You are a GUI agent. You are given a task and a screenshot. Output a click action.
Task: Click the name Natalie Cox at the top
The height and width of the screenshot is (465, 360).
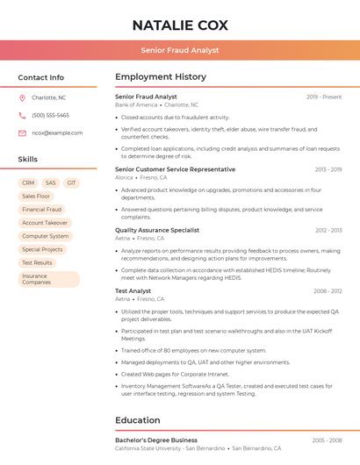(180, 25)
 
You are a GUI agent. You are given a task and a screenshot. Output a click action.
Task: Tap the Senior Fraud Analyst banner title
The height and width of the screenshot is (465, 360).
(180, 51)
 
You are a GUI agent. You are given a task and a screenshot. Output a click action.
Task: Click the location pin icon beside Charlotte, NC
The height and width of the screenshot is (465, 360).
(22, 98)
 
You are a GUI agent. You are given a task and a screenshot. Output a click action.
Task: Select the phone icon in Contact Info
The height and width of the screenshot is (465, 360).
(22, 115)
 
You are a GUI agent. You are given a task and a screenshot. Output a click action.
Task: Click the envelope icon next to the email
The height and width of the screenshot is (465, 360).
(22, 133)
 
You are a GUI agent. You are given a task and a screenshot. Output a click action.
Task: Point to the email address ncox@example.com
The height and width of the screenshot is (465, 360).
(57, 133)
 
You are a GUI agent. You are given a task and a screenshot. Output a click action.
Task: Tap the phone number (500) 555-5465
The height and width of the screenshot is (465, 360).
(50, 115)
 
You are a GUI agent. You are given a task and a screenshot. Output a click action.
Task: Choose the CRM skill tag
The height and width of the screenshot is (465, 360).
(28, 183)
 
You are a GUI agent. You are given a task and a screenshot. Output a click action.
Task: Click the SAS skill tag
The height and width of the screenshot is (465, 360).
(51, 183)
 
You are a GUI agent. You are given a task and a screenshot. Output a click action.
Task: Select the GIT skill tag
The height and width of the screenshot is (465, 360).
(71, 183)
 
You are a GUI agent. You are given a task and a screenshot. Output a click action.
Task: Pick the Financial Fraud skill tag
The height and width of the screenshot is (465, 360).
(42, 210)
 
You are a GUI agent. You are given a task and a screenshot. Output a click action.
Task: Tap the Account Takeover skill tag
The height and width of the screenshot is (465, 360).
(45, 223)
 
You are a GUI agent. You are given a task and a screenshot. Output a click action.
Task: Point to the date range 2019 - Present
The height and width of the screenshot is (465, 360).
(324, 97)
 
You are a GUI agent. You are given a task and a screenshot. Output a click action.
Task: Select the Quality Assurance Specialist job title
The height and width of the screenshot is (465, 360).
(157, 230)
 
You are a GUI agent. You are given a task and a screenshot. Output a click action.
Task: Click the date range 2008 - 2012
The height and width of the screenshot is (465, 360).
(328, 290)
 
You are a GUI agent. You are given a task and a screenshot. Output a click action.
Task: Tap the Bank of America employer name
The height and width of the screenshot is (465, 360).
(136, 104)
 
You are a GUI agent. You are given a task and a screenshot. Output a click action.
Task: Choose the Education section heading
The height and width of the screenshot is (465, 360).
(138, 420)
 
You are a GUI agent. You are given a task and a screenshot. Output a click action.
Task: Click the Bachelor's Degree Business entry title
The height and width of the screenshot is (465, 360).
(156, 440)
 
